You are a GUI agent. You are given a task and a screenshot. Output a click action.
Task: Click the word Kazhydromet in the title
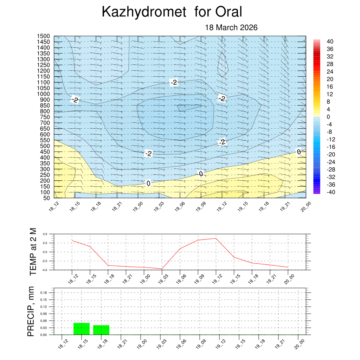click(143, 12)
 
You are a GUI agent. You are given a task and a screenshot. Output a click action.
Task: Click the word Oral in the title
click(229, 12)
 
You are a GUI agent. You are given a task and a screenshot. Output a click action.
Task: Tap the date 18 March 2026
click(231, 27)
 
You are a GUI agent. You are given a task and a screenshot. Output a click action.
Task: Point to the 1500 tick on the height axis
click(44, 36)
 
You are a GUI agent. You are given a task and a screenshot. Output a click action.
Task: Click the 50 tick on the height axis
click(47, 198)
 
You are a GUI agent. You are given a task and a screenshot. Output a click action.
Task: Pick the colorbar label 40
click(330, 41)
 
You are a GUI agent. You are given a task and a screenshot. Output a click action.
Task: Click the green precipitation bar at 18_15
click(82, 329)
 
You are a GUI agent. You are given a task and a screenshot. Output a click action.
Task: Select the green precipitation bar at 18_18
click(101, 330)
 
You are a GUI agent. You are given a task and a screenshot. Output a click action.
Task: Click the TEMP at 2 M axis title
click(33, 251)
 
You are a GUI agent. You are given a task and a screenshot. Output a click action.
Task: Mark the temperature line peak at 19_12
click(216, 238)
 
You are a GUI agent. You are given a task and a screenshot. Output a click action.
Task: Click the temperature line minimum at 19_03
click(162, 269)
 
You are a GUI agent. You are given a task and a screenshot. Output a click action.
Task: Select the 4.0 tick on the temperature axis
click(45, 234)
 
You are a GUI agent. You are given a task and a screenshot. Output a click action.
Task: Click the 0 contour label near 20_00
click(299, 152)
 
